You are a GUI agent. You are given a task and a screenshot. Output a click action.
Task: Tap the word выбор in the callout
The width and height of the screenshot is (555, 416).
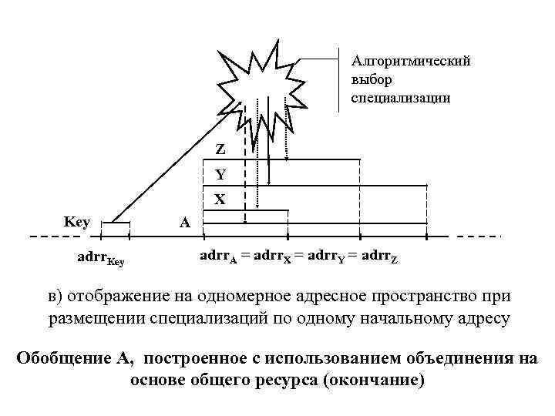pyautogui.click(x=369, y=79)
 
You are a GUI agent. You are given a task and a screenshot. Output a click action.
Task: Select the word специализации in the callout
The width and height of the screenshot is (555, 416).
pyautogui.click(x=397, y=99)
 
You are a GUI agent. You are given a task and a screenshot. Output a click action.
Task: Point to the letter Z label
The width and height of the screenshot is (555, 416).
pyautogui.click(x=220, y=149)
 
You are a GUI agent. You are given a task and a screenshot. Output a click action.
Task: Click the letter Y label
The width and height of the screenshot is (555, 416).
pyautogui.click(x=220, y=174)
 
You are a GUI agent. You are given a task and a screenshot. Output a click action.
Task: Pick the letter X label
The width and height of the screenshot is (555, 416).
pyautogui.click(x=220, y=199)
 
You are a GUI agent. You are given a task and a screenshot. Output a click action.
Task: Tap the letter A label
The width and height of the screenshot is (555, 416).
pyautogui.click(x=183, y=223)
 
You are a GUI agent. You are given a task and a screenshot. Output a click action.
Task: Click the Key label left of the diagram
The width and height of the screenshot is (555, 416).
pyautogui.click(x=77, y=222)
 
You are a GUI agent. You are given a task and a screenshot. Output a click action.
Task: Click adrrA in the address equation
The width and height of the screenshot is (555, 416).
pyautogui.click(x=220, y=254)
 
